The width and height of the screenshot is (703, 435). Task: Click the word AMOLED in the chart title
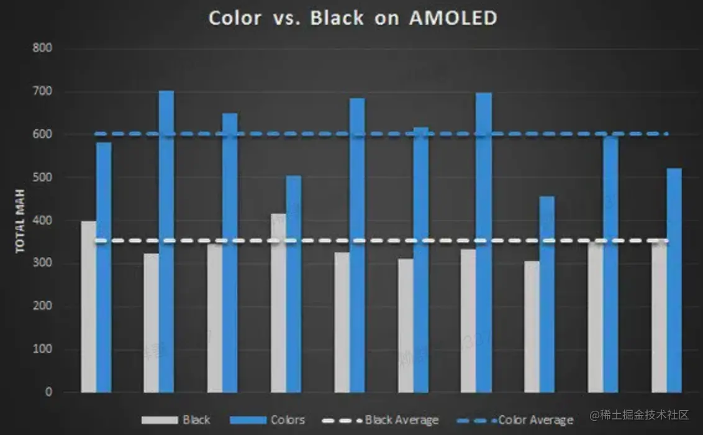[453, 18]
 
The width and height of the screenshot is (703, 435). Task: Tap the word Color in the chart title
[235, 18]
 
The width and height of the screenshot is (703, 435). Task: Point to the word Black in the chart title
[337, 18]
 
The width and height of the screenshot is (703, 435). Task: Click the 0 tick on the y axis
[48, 392]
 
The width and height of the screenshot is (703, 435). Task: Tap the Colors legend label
[288, 420]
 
